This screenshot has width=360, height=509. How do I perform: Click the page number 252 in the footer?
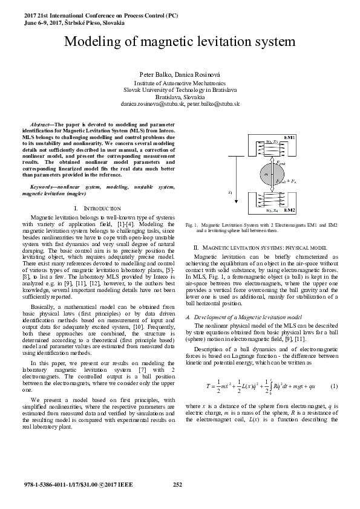pyautogui.click(x=178, y=484)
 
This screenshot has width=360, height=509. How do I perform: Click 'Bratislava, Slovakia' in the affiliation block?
pyautogui.click(x=180, y=97)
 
